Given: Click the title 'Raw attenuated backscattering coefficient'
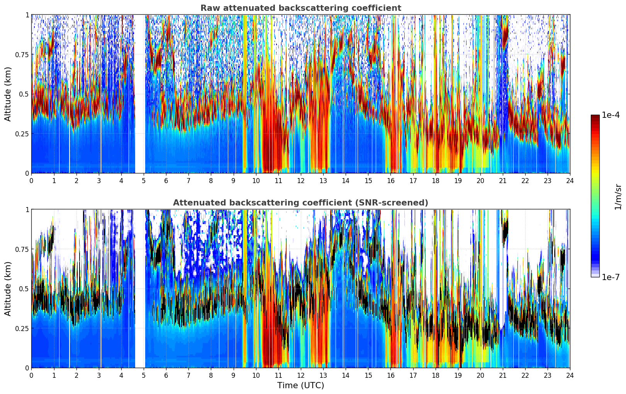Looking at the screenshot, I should tap(300, 8).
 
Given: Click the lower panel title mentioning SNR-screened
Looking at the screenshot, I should tap(300, 203).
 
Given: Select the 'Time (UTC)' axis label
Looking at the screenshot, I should tap(300, 386).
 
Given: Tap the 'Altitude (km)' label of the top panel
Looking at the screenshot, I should tap(8, 94).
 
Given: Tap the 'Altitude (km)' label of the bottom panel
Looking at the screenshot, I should tap(8, 289).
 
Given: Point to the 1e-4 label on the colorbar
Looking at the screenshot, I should tap(610, 115).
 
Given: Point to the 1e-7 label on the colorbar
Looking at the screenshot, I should tap(610, 277).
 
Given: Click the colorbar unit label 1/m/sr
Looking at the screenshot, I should tap(618, 197).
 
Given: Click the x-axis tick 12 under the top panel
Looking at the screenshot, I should tap(300, 180).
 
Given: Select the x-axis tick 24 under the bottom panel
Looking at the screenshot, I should tap(570, 375).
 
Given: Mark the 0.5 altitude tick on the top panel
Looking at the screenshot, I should tap(24, 94).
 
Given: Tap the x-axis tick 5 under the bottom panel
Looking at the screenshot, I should tap(144, 375).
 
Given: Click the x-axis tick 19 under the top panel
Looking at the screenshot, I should tap(458, 180).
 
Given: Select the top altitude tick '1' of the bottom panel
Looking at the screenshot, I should tap(27, 210).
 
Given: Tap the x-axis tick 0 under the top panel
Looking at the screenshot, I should tap(32, 180).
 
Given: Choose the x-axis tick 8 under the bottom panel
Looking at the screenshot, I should tap(211, 375).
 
